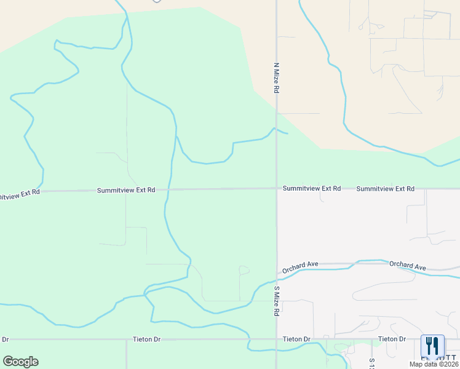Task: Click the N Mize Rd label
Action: pos(277,77)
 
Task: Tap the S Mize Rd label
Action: pos(277,301)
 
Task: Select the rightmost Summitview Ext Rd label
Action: pos(385,188)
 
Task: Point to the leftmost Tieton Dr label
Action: pos(146,339)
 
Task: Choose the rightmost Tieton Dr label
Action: pos(392,339)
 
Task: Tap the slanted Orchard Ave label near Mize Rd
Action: pos(300,267)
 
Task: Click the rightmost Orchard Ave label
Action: pos(407,266)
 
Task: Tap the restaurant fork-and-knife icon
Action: pos(432,346)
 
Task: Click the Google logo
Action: pos(20,362)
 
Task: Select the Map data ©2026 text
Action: pos(433,364)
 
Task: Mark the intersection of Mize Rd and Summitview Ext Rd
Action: pos(277,188)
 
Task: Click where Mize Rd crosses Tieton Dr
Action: pos(276,339)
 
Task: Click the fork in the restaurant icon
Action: pos(429,346)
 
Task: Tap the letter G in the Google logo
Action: pos(8,362)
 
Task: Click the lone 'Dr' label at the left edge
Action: pos(6,339)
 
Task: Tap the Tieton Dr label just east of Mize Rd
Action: pos(296,339)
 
